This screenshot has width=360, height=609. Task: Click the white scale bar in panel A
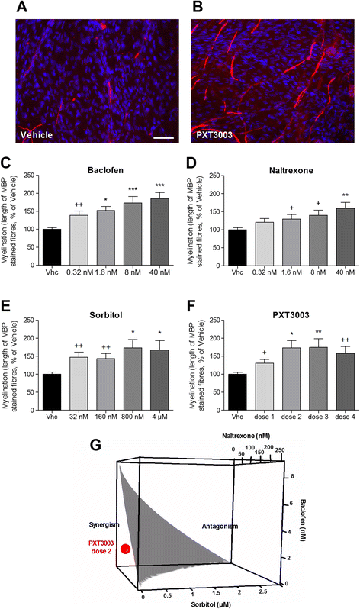pos(163,137)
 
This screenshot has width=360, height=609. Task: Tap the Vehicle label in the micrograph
pos(37,135)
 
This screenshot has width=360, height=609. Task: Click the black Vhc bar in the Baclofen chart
pos(52,247)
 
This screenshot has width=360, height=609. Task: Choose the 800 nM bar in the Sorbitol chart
pos(133,379)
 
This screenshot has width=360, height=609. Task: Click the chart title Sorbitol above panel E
pos(106,315)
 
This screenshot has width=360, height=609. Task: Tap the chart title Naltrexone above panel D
pos(291,170)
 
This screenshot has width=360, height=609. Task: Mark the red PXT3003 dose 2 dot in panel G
pos(125,549)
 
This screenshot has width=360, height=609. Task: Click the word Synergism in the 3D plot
pos(104,525)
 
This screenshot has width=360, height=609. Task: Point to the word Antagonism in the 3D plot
pos(220,527)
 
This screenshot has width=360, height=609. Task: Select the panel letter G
pos(96,445)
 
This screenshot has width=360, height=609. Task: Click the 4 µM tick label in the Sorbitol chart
pos(159,417)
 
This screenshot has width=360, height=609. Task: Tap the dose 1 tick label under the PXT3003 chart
pos(265,417)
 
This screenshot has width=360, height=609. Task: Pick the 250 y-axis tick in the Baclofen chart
pos(29,176)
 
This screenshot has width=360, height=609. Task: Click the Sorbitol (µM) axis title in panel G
pos(211,604)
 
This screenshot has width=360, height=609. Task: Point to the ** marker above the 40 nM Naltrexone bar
pos(345,195)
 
